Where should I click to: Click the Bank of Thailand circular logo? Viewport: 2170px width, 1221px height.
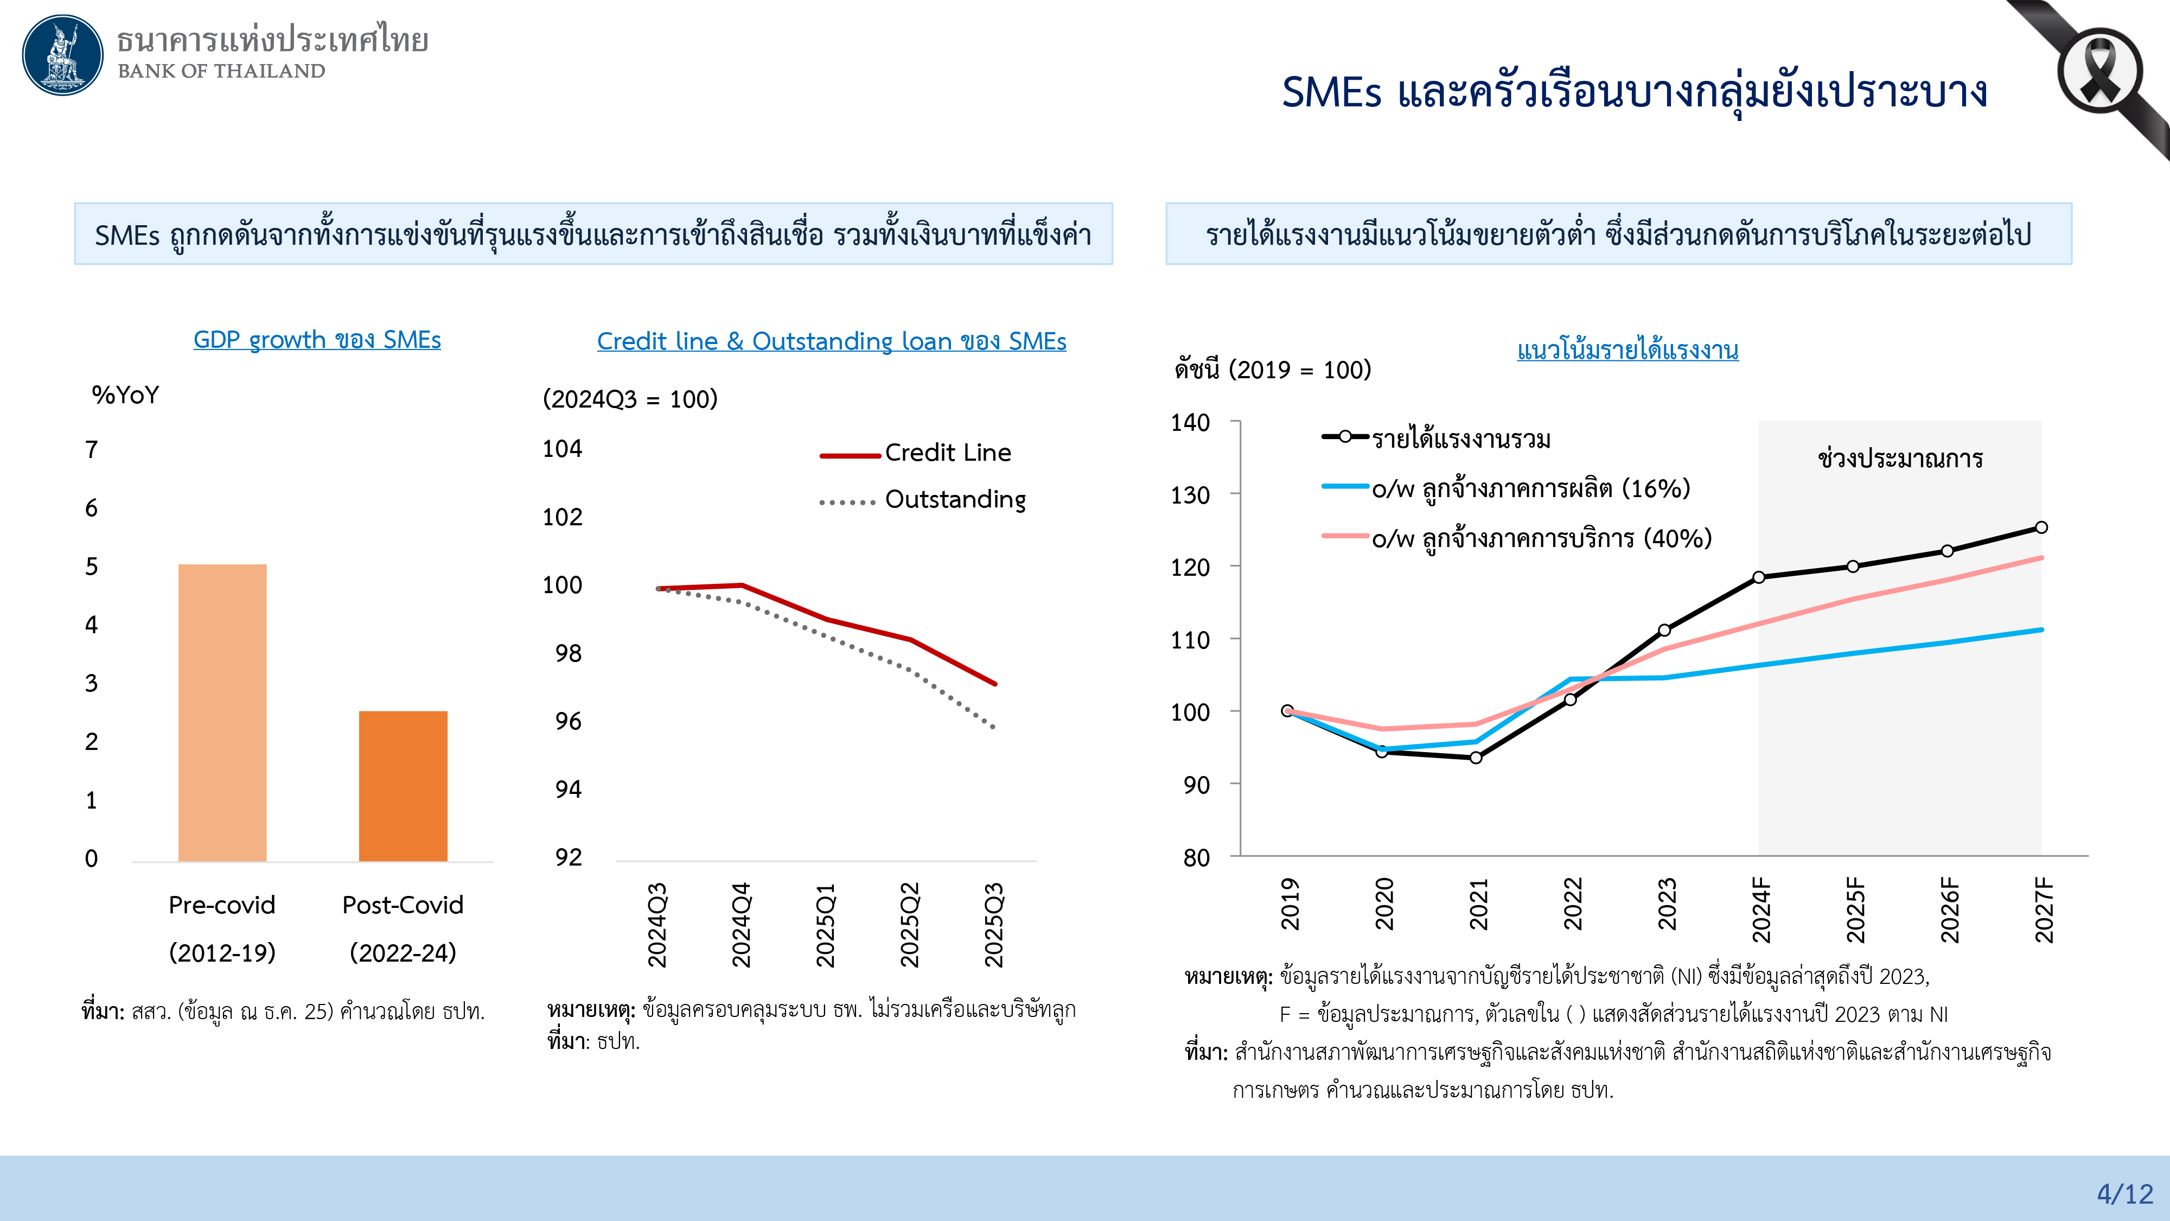[62, 55]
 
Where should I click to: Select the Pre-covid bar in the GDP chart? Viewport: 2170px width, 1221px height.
[222, 712]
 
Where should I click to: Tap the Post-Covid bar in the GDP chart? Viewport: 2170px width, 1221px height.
[403, 785]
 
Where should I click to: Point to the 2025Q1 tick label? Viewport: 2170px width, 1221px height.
[826, 924]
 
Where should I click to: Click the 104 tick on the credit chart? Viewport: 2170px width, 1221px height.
[562, 449]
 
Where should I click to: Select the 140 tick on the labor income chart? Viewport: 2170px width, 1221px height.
[1190, 423]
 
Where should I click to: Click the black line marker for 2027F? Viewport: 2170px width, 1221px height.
[2041, 527]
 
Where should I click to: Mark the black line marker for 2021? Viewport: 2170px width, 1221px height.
[1476, 758]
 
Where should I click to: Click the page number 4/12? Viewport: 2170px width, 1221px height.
[2124, 1194]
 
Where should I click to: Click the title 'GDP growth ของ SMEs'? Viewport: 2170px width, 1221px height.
[317, 340]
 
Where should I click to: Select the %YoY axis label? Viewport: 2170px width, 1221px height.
[125, 395]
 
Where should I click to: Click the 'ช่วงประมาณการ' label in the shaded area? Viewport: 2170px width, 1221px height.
[1900, 459]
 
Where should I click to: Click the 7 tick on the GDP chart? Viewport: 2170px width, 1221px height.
[91, 450]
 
